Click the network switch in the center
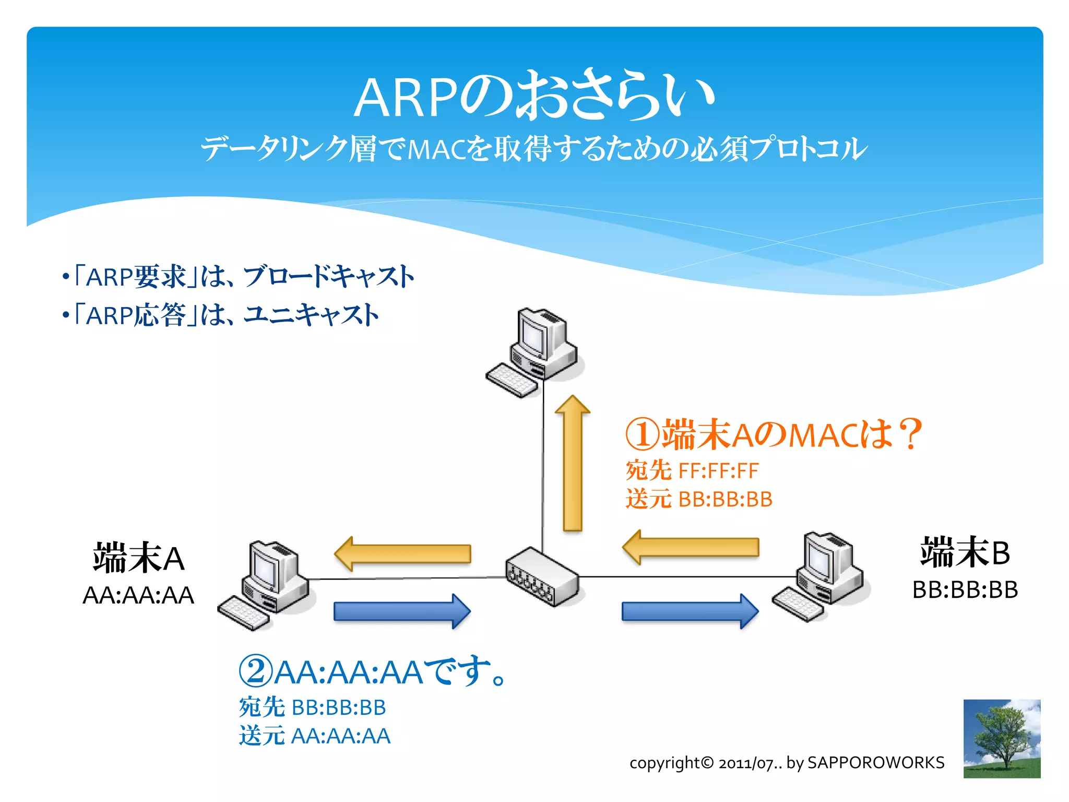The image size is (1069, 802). (542, 576)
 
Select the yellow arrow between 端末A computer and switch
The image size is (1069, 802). (402, 554)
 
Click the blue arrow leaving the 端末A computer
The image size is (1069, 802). (402, 611)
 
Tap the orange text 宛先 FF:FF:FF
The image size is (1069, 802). (692, 470)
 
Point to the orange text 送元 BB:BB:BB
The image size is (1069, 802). (699, 499)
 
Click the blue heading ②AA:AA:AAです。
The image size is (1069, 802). (373, 672)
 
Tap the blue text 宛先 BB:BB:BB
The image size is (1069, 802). (312, 707)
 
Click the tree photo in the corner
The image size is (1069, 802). (1002, 738)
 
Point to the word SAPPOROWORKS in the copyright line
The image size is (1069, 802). (876, 762)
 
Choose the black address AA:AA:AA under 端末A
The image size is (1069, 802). (138, 595)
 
